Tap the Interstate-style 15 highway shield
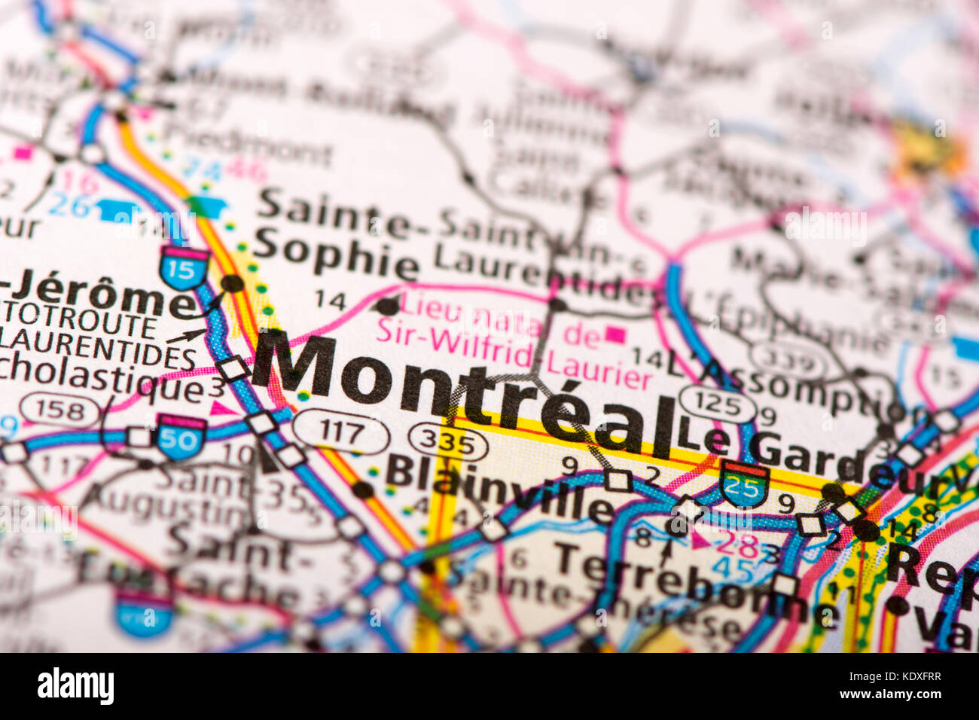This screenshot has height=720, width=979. point(184,268)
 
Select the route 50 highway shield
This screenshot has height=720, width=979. point(181,436)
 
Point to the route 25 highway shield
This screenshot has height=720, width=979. point(744,484)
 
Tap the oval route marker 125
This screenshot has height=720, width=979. point(717,405)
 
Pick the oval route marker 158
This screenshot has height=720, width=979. point(60,410)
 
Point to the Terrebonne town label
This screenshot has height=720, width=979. point(693,584)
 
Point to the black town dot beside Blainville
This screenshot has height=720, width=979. point(363,490)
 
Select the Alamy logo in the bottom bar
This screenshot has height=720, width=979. point(75,686)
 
